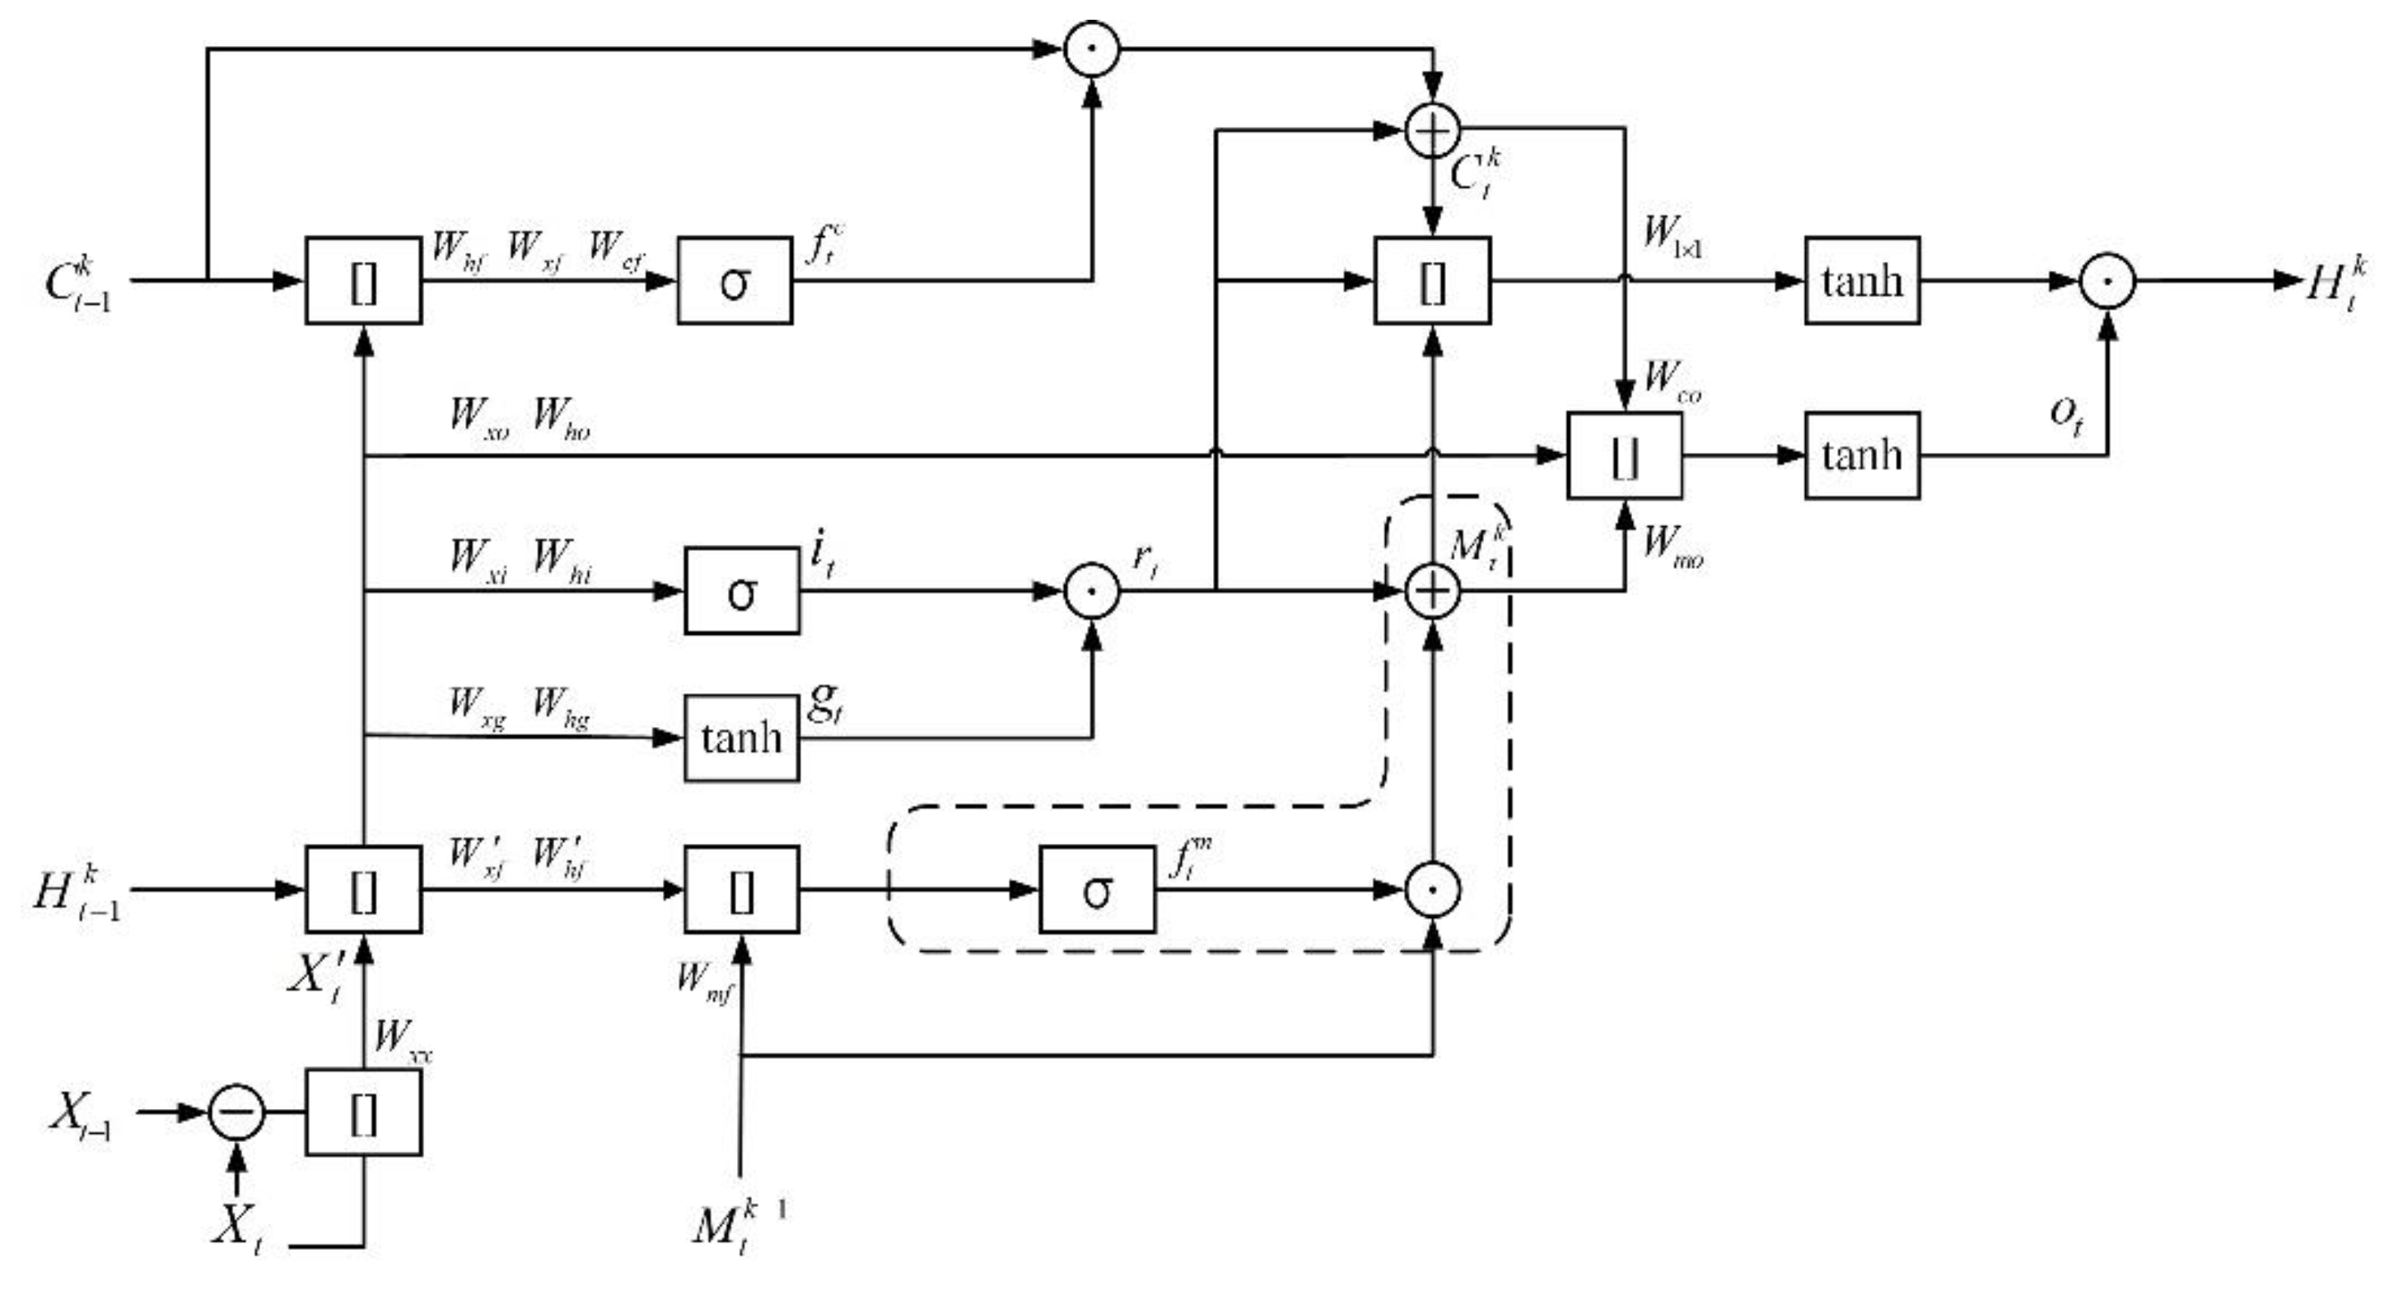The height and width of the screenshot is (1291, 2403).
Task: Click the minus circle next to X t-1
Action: [x=236, y=1112]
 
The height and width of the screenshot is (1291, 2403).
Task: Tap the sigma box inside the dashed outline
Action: [x=1097, y=889]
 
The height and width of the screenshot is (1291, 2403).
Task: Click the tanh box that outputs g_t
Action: [x=742, y=738]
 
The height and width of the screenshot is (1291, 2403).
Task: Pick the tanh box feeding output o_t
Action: [x=1862, y=455]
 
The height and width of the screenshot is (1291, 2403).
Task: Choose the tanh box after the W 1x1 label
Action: [x=1862, y=281]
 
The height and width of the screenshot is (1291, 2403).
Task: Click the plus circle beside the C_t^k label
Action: [x=1432, y=132]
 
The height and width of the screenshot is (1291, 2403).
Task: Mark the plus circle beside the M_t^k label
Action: [x=1432, y=591]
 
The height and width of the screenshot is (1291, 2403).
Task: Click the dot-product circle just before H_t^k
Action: [x=2107, y=281]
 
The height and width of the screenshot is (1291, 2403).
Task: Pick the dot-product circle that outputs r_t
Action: [x=1091, y=591]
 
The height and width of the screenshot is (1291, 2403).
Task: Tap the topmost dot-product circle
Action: [x=1091, y=49]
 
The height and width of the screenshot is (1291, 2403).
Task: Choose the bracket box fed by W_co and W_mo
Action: [x=1624, y=455]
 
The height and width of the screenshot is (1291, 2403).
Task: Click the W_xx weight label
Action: [x=401, y=1038]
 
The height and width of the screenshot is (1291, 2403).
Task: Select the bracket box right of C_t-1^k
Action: [x=363, y=281]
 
